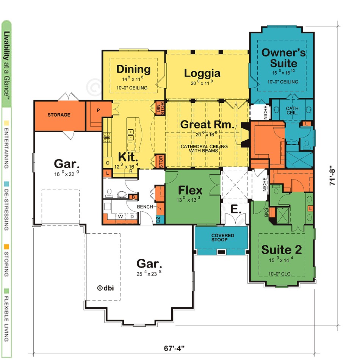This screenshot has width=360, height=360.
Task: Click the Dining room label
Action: pos(133,69)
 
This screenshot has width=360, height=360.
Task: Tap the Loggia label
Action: pos(202,74)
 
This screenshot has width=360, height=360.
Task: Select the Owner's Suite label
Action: pos(284,58)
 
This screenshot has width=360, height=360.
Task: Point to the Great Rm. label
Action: pos(207,124)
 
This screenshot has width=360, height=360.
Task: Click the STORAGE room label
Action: pos(59,115)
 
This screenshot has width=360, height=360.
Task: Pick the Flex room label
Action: pos(190,190)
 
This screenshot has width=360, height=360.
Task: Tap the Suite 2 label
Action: pos(282,250)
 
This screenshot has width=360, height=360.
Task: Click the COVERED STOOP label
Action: pos(223,238)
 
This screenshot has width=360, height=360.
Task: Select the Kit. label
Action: pos(128,157)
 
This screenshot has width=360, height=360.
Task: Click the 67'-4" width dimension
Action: pos(174,348)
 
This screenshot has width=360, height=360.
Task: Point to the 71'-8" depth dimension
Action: pos(332,175)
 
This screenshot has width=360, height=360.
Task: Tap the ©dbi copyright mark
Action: pos(105,288)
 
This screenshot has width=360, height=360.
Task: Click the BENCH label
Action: pos(145,207)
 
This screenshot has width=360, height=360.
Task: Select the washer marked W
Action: pos(121,216)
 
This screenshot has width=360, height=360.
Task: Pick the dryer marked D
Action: pos(132,216)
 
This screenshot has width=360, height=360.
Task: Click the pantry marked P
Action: pos(98,110)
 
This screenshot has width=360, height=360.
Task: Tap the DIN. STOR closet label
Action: pos(160,108)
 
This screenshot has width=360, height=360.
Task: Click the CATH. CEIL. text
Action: pos(293,110)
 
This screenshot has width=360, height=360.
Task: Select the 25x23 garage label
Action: pos(149,267)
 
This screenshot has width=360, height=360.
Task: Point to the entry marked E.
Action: pos(235,209)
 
